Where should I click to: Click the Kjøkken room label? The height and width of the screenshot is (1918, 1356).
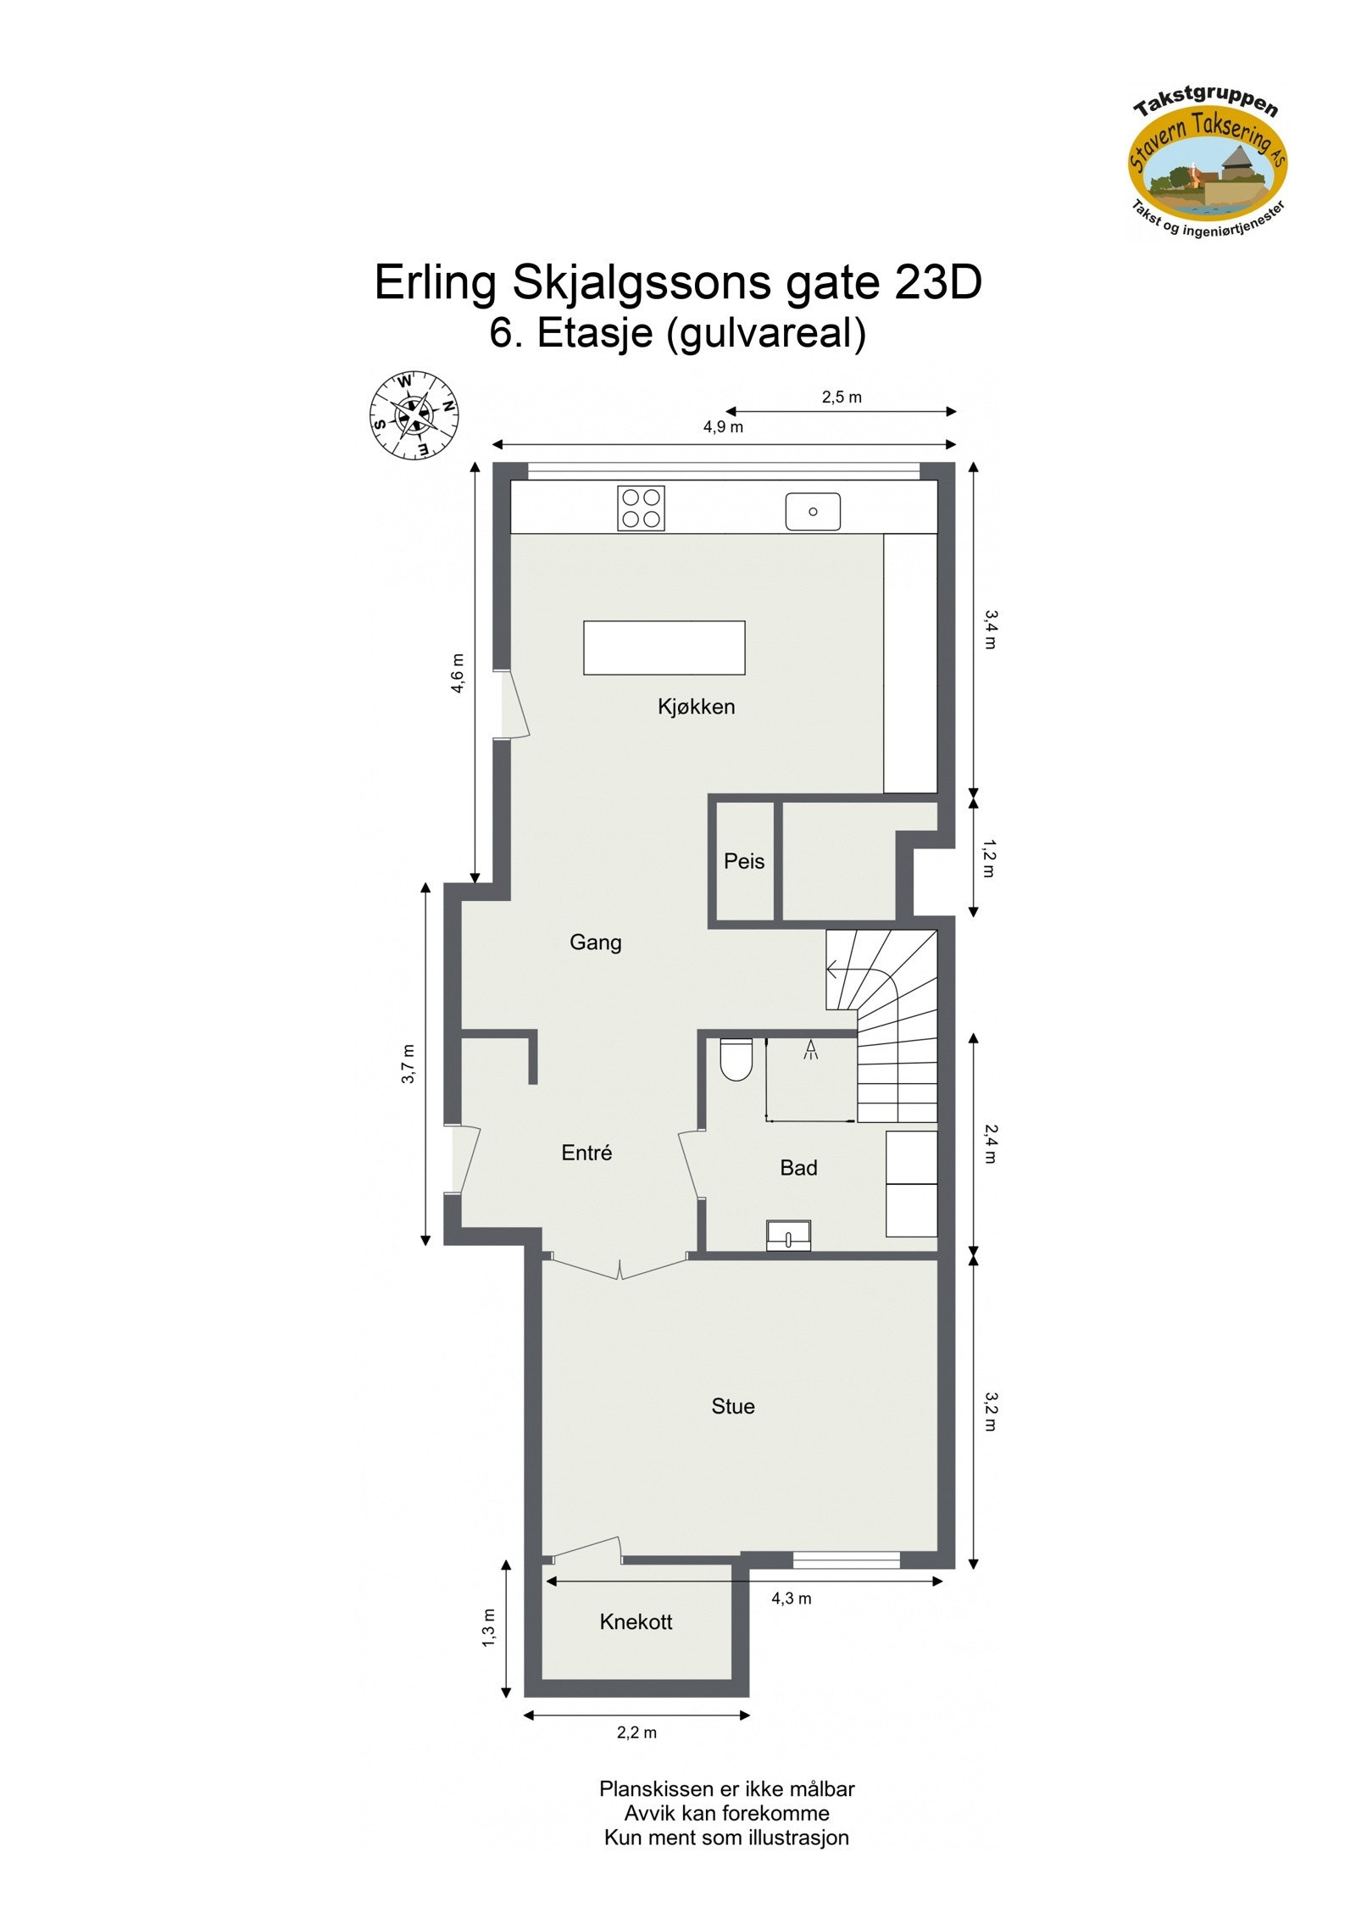pos(696,706)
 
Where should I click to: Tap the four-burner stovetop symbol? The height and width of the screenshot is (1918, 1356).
pos(641,508)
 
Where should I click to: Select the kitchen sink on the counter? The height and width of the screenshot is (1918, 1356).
pos(812,511)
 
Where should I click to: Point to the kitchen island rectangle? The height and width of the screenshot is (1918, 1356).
pos(664,648)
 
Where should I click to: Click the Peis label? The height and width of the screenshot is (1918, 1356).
pos(743,861)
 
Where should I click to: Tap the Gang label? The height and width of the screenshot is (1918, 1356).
pos(595,942)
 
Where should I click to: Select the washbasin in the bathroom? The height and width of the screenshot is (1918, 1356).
pos(788,1237)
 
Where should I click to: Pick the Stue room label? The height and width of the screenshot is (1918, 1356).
pos(732,1406)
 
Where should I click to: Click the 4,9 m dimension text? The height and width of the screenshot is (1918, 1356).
pos(723,427)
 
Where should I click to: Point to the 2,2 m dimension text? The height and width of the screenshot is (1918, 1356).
pos(636,1732)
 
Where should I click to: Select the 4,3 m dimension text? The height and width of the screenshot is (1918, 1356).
pos(791,1598)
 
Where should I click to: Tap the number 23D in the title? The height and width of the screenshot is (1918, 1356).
pos(937,282)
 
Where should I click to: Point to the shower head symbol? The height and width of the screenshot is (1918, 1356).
pos(811,1050)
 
